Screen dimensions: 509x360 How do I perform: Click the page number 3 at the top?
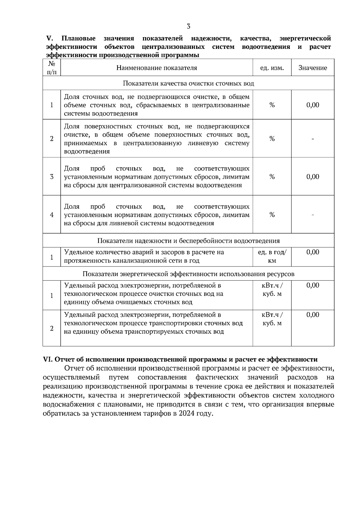[x=188, y=26]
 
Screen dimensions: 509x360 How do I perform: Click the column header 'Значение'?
[x=313, y=68]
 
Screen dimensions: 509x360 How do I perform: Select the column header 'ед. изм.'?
[x=272, y=68]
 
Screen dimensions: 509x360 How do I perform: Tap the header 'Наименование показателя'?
[x=157, y=68]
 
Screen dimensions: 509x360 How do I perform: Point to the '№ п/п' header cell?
[x=52, y=68]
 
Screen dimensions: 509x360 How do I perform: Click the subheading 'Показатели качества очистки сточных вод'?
[x=188, y=83]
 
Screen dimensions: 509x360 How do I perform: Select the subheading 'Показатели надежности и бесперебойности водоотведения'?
[x=188, y=241]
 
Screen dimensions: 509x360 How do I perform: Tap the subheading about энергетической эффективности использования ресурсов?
[x=188, y=274]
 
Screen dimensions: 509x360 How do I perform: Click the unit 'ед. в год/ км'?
[x=272, y=256]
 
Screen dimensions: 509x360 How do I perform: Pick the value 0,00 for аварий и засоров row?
[x=313, y=252]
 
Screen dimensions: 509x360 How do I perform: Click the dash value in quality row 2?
[x=313, y=139]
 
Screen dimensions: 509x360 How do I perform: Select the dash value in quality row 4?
[x=313, y=215]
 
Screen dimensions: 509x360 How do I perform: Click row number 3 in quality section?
[x=52, y=177]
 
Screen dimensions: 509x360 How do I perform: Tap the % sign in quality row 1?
[x=272, y=105]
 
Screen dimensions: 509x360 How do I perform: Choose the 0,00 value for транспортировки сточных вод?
[x=313, y=315]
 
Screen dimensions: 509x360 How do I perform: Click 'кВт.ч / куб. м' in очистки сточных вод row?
[x=272, y=290]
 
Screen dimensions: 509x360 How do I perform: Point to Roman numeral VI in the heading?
[x=48, y=359]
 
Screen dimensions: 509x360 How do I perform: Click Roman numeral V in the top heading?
[x=49, y=38]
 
